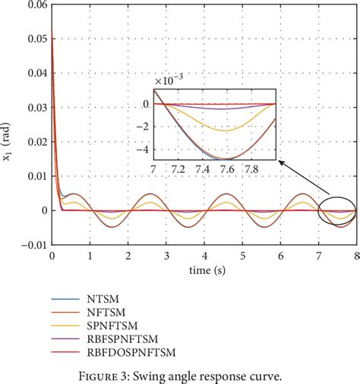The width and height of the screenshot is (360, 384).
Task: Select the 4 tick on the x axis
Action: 204,258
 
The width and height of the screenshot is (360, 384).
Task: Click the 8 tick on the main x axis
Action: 355,258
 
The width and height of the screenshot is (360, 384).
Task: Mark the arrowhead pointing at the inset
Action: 279,160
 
